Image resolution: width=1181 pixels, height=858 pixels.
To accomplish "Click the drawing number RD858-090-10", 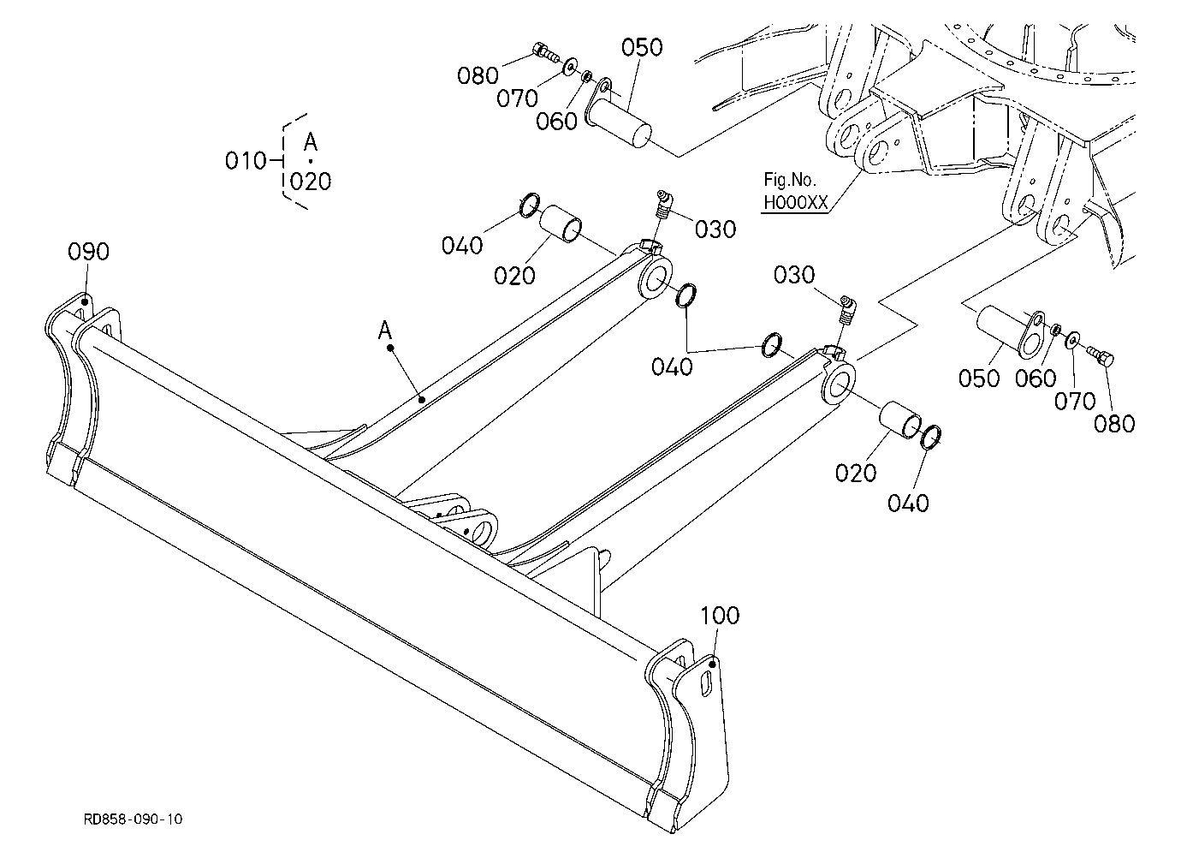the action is pos(133,819).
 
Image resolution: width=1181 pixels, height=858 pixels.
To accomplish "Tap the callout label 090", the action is pos(89,252).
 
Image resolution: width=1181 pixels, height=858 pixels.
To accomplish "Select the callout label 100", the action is pos(720,616).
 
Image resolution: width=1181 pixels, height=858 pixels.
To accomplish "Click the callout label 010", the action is pos(246,160).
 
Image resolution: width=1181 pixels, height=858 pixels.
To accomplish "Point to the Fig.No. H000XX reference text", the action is pos(796,191).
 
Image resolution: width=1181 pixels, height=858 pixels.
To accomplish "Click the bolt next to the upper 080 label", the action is pos(543,51).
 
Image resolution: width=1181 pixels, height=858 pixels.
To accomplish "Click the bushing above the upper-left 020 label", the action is pos(561,223).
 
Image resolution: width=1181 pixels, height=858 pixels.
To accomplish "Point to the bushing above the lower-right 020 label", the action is pos(899,420).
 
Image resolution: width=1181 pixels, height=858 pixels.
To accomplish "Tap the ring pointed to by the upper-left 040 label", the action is pos(530,205).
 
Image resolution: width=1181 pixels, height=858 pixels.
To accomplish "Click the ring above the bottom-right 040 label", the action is pos(931,438).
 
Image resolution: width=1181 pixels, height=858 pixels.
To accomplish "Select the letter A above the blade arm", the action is pos(385,331).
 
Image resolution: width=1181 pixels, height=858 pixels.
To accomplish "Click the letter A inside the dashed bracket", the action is pos(311,141).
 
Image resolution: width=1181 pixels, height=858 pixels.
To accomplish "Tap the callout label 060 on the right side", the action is pos(1036,378).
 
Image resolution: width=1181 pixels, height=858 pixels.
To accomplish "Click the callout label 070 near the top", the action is pos(517,98).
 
